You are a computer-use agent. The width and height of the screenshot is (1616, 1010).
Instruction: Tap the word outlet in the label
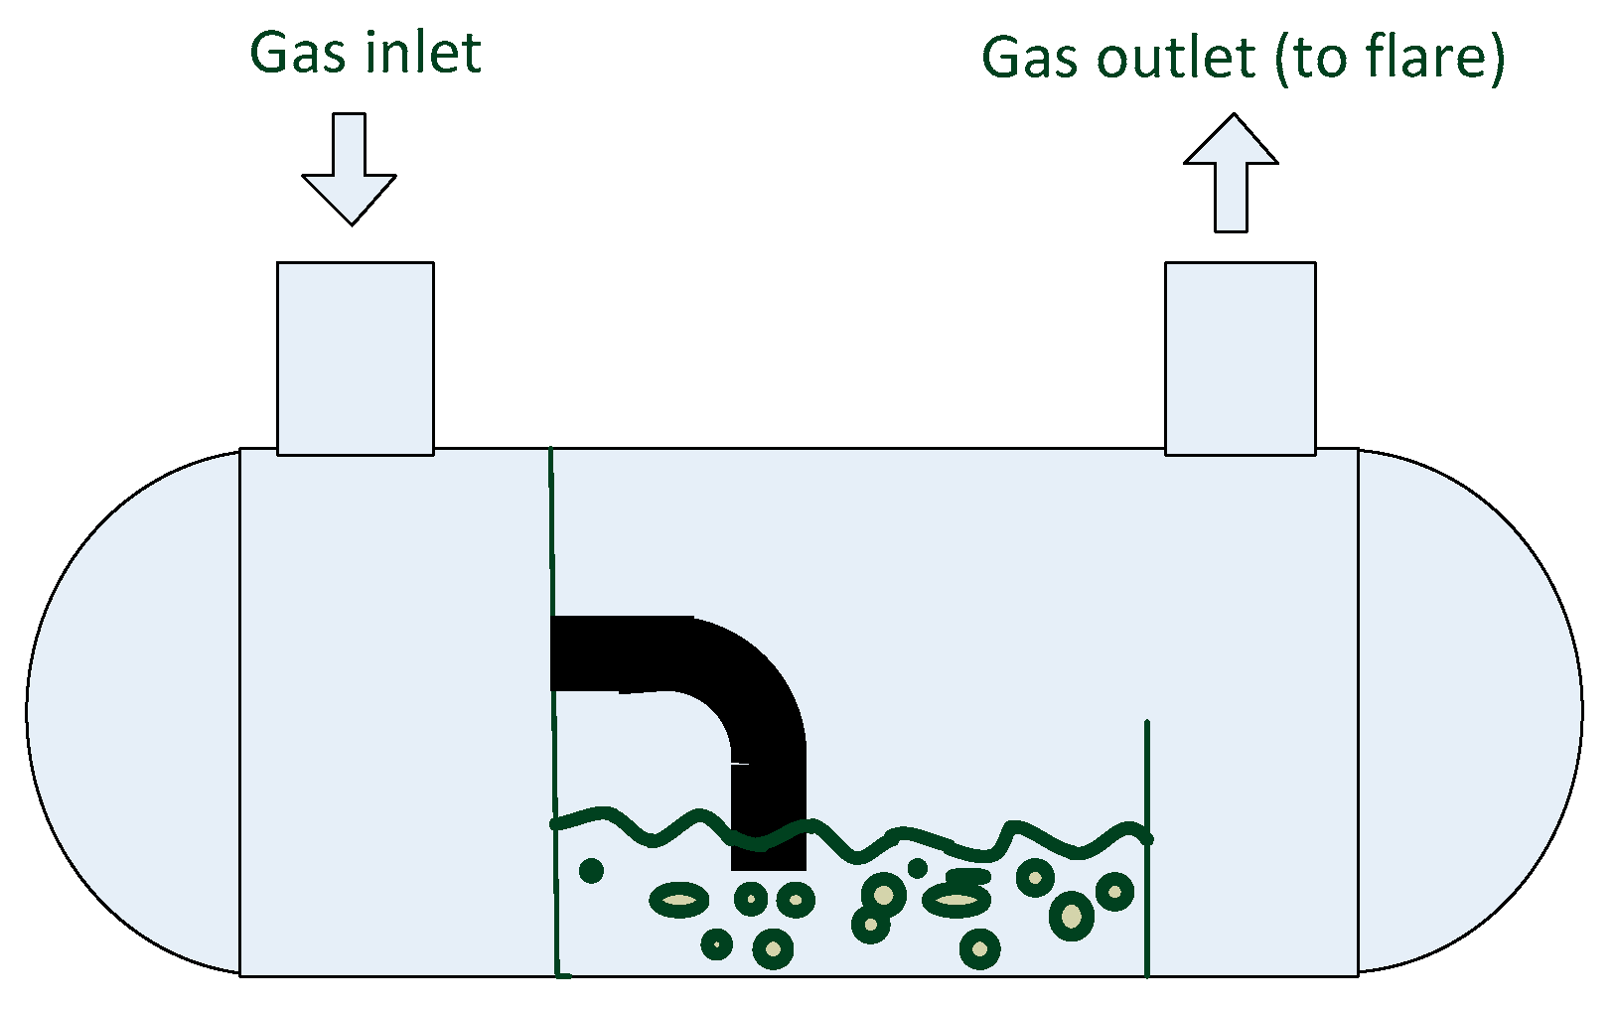[x=1176, y=59]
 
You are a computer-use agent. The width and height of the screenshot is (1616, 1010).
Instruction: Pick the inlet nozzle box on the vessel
[x=355, y=359]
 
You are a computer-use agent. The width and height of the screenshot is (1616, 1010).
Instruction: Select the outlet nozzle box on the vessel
[x=1240, y=359]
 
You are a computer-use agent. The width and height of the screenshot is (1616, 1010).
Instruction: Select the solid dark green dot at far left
[x=591, y=871]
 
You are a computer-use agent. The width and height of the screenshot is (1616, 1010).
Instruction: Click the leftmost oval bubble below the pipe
[x=679, y=900]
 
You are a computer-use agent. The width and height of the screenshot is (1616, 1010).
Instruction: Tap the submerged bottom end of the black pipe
[x=768, y=859]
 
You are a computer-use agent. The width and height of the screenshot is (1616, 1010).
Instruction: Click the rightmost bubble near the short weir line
[x=1114, y=891]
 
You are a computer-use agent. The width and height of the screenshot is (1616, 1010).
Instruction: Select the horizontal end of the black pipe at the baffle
[x=571, y=652]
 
